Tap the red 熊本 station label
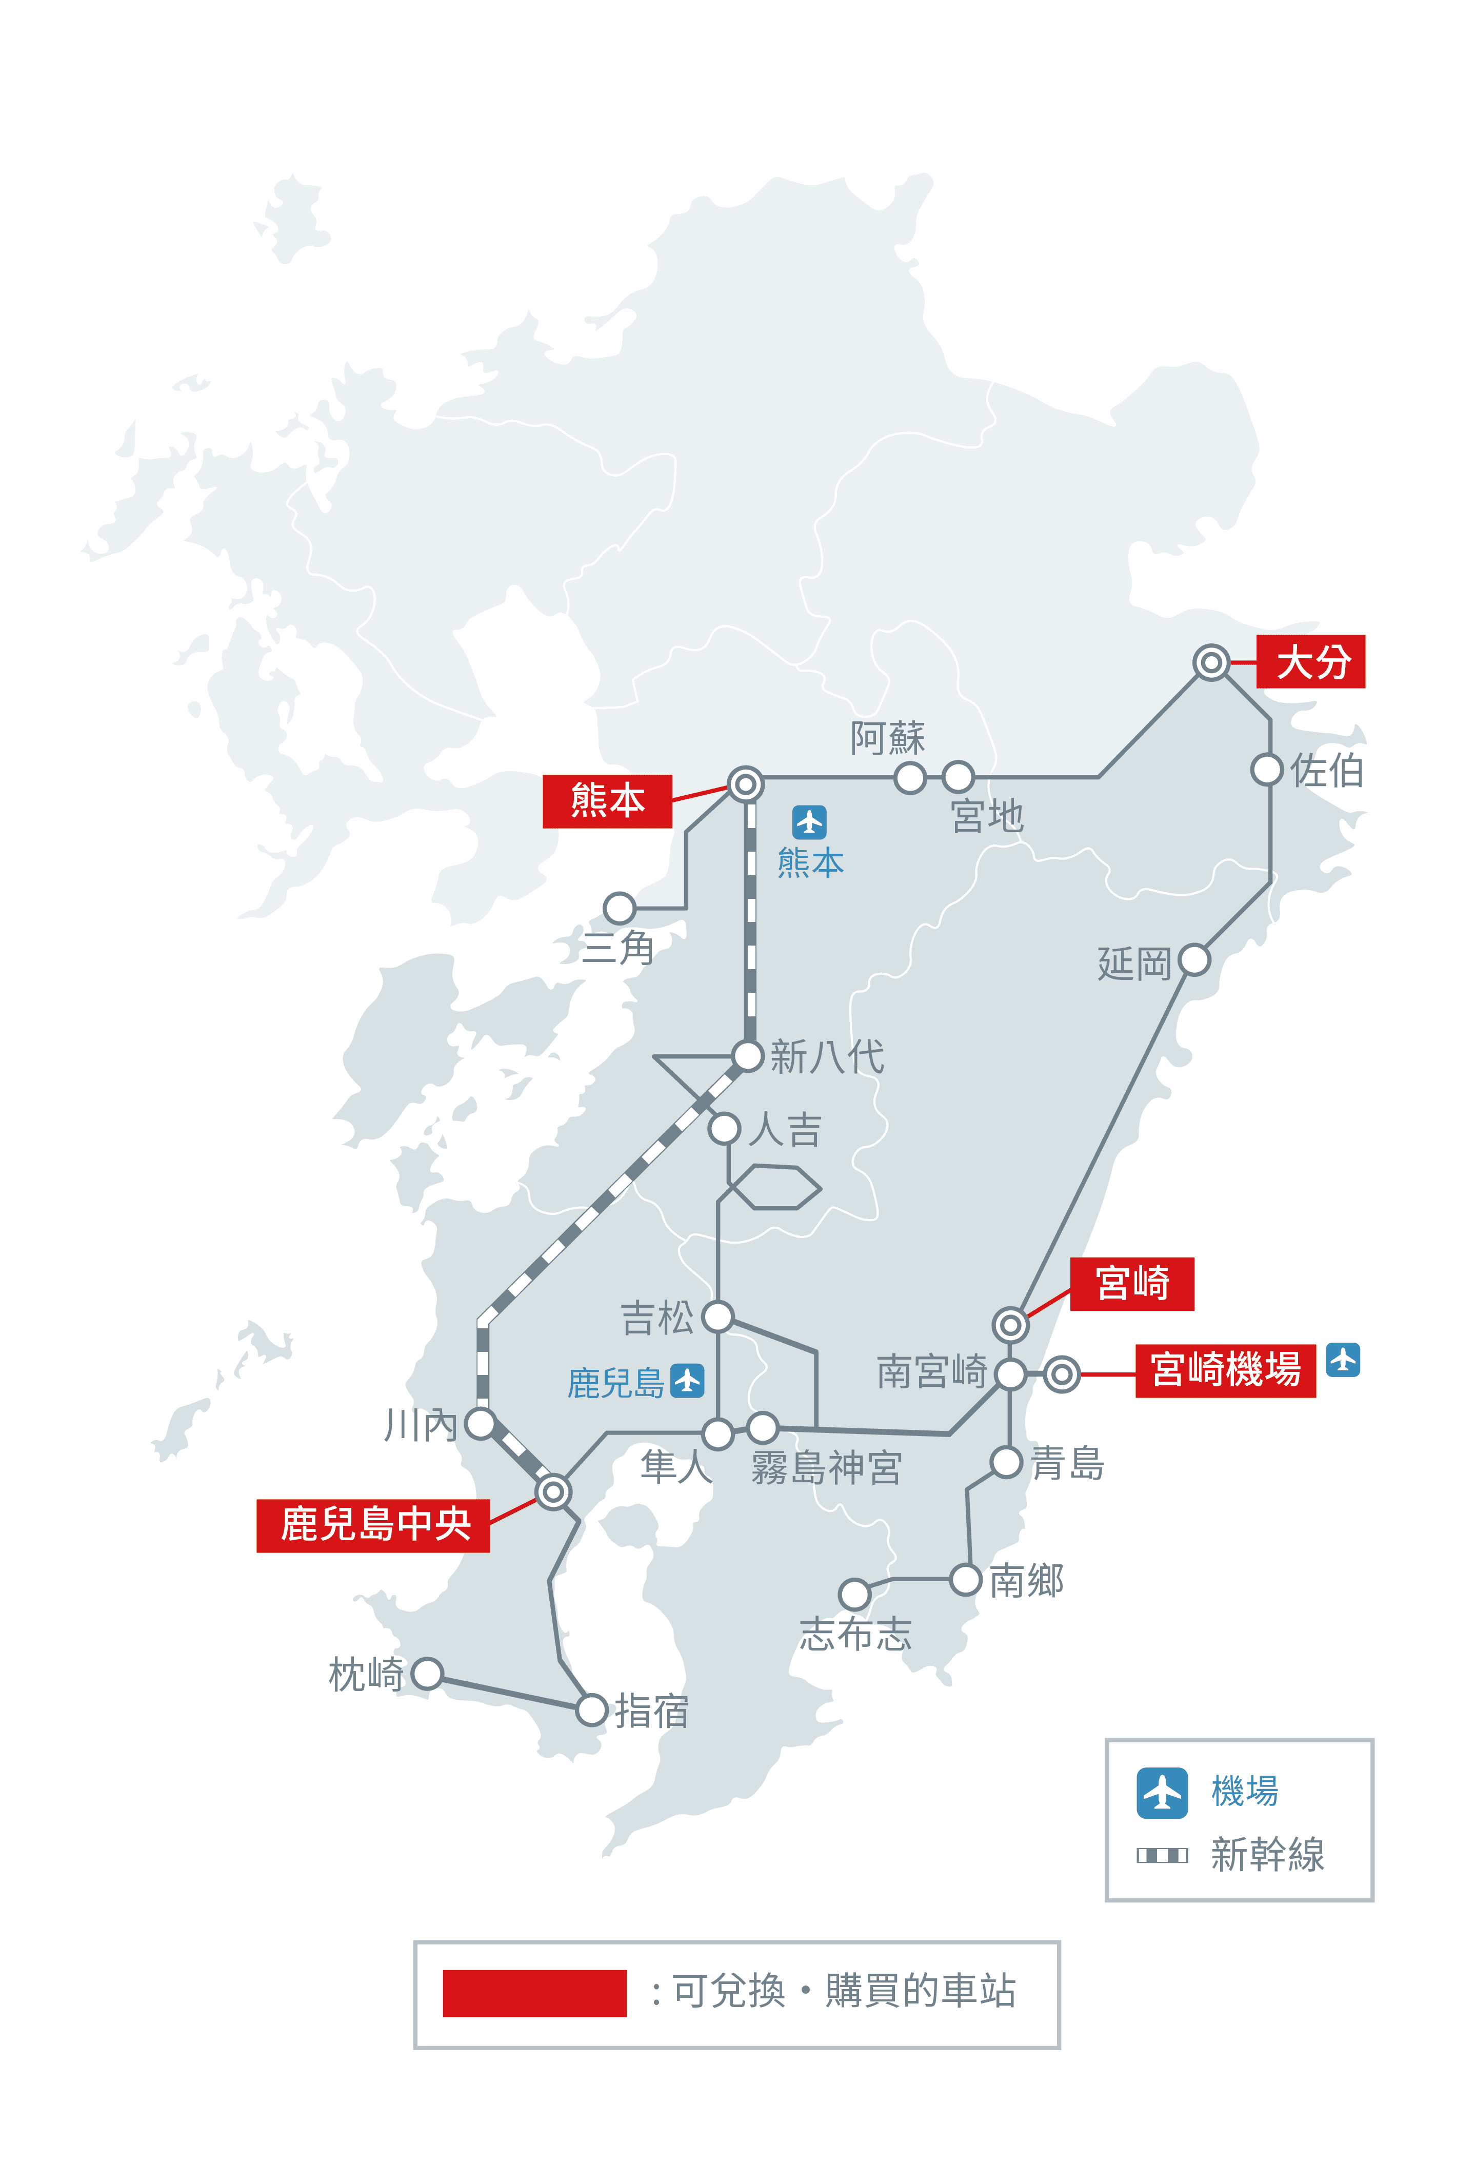click(607, 800)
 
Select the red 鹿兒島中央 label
click(373, 1524)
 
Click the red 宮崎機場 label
click(1225, 1371)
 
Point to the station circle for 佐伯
click(1267, 770)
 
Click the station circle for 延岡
click(1193, 960)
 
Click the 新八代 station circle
click(748, 1056)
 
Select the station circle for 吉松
click(718, 1316)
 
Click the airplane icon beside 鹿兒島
click(688, 1381)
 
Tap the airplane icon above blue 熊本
click(809, 822)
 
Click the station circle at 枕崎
click(427, 1673)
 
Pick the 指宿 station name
click(652, 1712)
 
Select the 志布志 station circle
click(854, 1594)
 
